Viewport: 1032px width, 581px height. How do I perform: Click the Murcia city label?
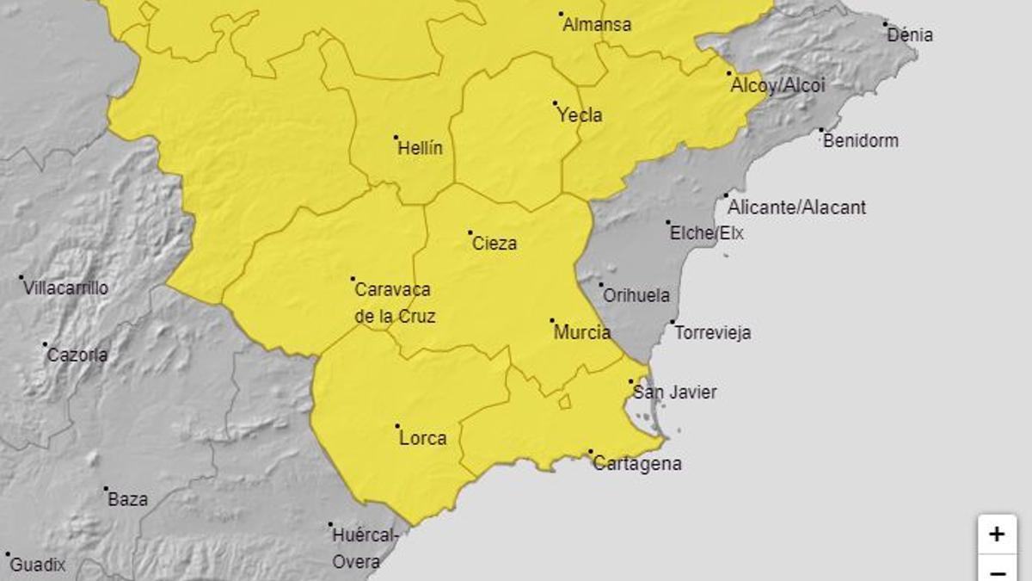tap(582, 332)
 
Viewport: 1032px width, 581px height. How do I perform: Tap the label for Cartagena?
tap(637, 464)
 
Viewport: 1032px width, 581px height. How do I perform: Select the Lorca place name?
tap(423, 438)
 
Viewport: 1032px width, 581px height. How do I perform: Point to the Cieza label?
tap(494, 244)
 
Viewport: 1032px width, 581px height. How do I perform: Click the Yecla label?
tap(579, 115)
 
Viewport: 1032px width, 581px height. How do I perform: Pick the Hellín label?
tap(420, 148)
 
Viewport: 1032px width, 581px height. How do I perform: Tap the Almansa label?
tap(596, 25)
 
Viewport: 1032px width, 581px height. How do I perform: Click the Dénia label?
tap(909, 35)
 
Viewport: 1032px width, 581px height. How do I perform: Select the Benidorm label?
tap(860, 140)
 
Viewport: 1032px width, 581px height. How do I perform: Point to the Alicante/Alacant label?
tap(796, 207)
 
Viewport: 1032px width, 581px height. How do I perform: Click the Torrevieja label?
tap(712, 332)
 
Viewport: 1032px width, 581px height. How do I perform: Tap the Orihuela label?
tap(636, 295)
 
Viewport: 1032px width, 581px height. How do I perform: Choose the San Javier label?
tap(674, 392)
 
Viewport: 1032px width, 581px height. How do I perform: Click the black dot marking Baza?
tap(107, 489)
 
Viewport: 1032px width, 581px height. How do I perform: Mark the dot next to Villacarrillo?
tap(21, 277)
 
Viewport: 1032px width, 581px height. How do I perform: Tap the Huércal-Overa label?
tap(365, 548)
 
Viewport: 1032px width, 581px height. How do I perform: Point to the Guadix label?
tap(38, 566)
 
